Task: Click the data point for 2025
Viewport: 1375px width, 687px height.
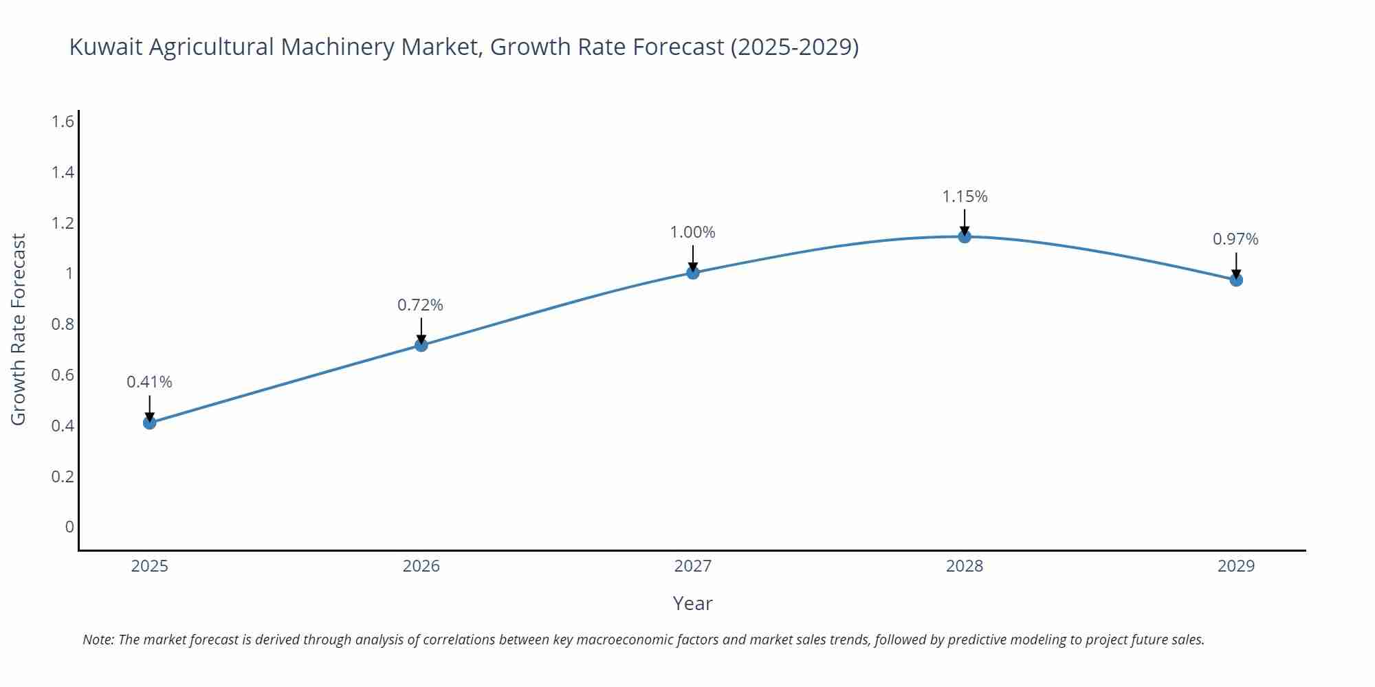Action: click(x=150, y=423)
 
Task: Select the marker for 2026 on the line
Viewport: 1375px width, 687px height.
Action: click(x=421, y=345)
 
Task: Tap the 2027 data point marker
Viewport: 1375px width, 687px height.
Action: click(x=693, y=273)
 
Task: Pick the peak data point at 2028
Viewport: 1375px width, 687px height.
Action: click(x=965, y=236)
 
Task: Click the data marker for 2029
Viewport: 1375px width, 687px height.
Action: click(x=1236, y=280)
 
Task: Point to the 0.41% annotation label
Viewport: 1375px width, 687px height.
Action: click(x=149, y=382)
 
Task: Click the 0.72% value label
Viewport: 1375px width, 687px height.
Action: click(x=420, y=304)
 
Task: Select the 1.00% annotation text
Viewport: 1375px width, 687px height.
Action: click(x=692, y=232)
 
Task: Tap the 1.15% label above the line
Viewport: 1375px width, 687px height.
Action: click(x=965, y=196)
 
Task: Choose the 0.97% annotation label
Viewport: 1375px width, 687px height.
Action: click(x=1235, y=239)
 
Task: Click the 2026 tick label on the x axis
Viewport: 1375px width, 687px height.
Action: click(x=421, y=566)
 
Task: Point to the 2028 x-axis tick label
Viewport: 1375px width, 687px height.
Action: click(x=965, y=566)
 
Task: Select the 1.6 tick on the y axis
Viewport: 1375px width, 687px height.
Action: click(x=63, y=122)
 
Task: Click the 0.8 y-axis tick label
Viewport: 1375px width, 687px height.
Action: click(x=63, y=324)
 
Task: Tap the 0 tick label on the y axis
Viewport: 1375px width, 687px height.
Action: click(x=69, y=527)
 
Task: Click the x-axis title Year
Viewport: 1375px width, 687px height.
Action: click(x=692, y=603)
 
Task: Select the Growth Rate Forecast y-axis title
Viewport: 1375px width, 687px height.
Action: click(x=19, y=329)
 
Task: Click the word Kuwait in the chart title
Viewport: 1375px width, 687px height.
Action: click(x=107, y=47)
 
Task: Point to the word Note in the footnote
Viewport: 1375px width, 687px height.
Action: click(x=98, y=640)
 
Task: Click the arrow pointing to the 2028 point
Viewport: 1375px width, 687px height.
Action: click(x=965, y=221)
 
